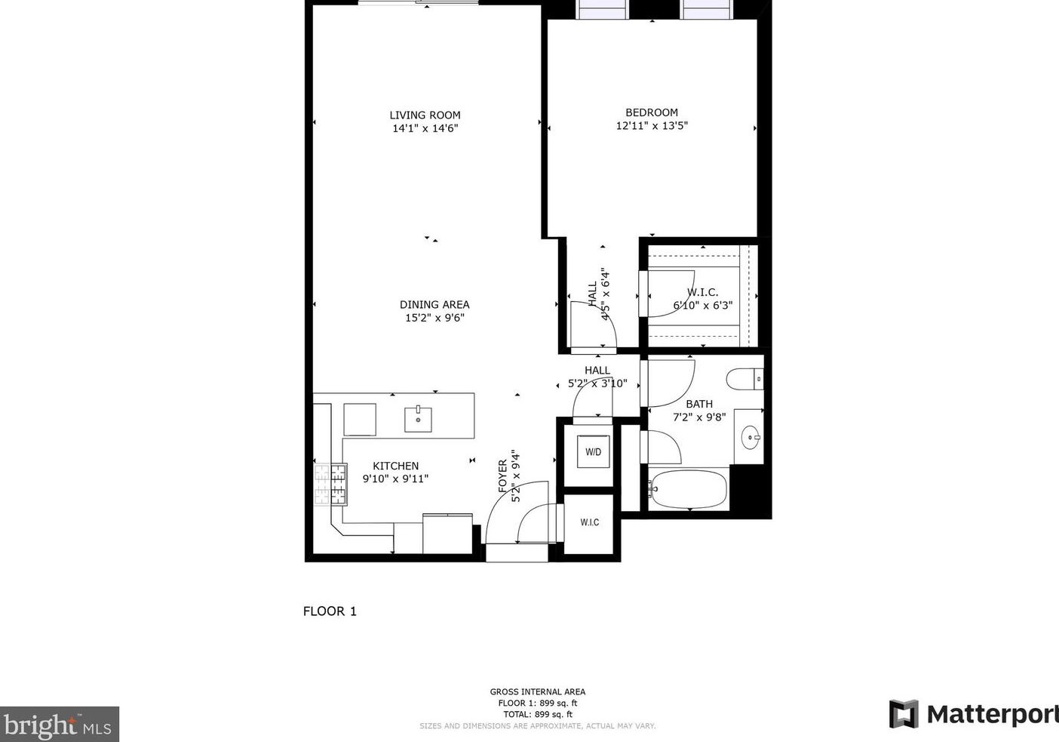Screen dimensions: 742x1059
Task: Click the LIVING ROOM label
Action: pos(425,115)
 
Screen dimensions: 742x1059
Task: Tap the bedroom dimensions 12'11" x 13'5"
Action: pos(652,126)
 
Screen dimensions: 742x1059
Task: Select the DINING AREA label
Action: pos(434,305)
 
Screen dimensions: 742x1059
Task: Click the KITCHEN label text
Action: pos(395,466)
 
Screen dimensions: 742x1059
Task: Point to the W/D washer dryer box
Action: pos(594,452)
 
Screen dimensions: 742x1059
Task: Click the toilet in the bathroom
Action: pos(745,378)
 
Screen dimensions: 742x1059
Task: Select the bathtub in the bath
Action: pos(689,489)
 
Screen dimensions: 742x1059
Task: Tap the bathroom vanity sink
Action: pos(750,437)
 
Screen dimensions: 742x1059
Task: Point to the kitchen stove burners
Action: pos(330,485)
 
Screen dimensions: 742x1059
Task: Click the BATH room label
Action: pos(699,405)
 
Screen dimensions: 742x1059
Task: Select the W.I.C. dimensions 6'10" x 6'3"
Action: pos(703,306)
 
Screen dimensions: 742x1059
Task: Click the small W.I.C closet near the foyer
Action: pos(590,522)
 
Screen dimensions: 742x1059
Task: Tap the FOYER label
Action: pos(503,476)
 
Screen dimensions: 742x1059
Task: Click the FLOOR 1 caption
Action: pos(330,611)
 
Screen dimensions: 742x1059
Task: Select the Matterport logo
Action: pos(973,714)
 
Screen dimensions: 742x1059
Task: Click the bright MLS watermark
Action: pos(59,725)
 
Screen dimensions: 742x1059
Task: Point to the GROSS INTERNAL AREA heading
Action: pos(538,691)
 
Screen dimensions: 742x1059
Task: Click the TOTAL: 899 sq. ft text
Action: pos(538,714)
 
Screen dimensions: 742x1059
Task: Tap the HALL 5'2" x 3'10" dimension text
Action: pos(597,383)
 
